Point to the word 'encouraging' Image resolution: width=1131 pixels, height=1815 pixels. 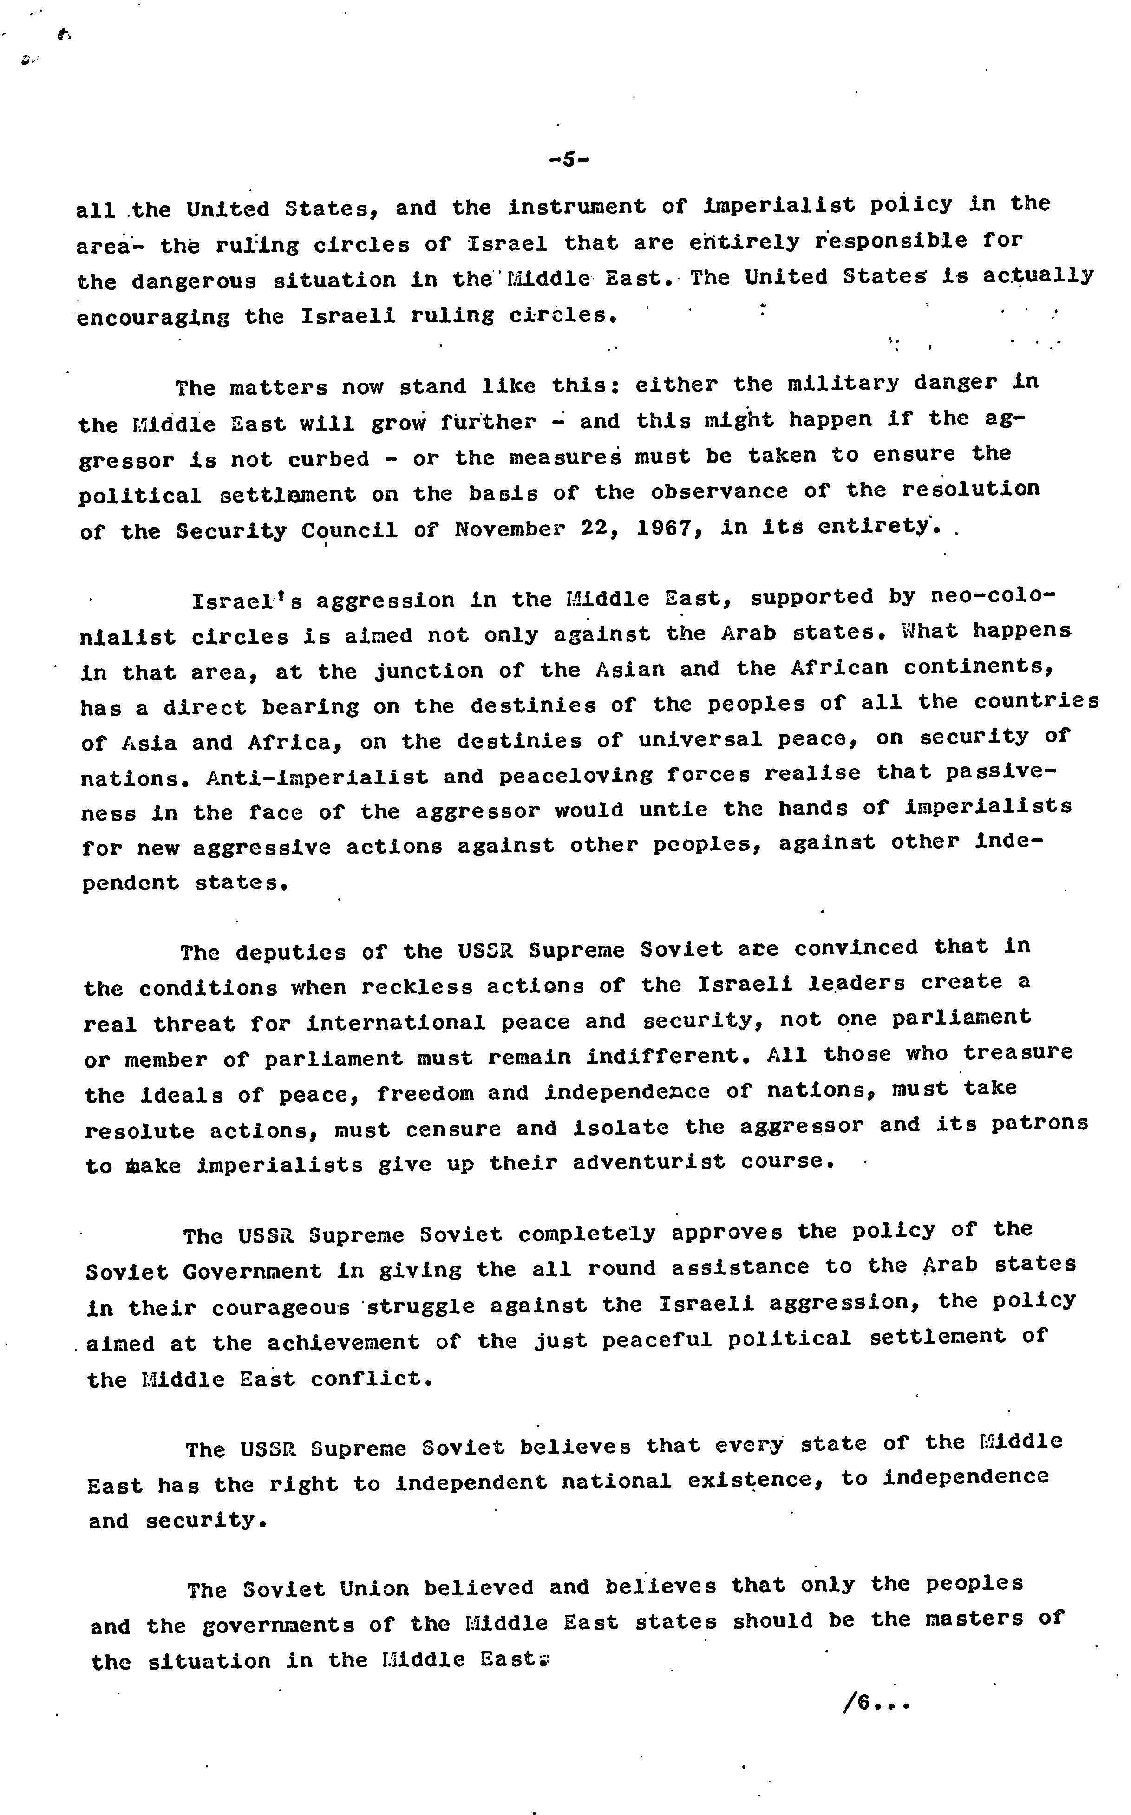coord(153,318)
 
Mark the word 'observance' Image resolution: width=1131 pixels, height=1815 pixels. coord(719,492)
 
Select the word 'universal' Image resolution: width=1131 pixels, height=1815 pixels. coord(700,740)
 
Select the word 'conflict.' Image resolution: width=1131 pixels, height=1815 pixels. coord(372,1378)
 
